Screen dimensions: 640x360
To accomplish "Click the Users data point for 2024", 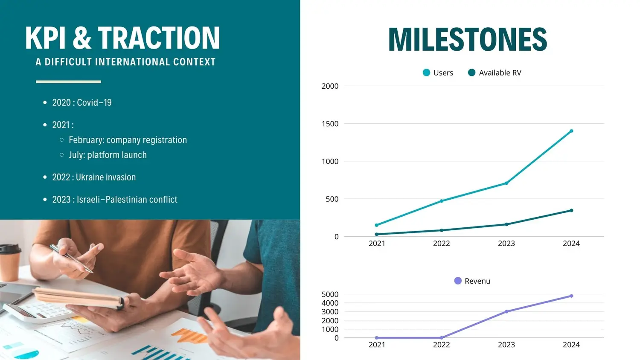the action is pos(571,131).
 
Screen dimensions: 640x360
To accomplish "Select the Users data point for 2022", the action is pos(442,201).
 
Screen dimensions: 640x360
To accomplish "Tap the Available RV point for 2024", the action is pos(571,211).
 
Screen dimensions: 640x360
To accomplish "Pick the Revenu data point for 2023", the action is pos(506,312).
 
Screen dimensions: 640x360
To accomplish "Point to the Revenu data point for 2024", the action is pos(571,296).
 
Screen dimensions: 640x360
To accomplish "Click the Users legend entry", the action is pos(438,73).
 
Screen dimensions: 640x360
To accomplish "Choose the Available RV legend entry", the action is pos(495,73).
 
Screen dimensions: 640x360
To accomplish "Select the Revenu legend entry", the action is pos(472,281).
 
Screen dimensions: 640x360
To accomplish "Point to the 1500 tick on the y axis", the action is pos(330,124).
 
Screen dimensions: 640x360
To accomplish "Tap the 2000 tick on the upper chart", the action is pos(330,86).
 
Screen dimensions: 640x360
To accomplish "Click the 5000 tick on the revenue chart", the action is pos(330,294).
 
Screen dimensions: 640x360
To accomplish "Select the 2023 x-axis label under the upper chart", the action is pos(506,244).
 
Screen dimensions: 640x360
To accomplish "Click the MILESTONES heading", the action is pos(468,39).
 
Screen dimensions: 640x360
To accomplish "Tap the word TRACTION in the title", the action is pos(159,38).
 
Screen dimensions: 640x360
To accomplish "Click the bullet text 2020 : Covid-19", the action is pos(82,102).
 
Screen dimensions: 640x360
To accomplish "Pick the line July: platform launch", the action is pos(108,155).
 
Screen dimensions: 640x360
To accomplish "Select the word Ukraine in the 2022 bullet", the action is pos(88,177).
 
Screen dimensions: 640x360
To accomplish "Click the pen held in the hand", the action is pos(71,258).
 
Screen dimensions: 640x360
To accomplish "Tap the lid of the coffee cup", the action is pos(10,249).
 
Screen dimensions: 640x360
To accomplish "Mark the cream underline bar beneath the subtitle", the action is pos(69,82).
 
